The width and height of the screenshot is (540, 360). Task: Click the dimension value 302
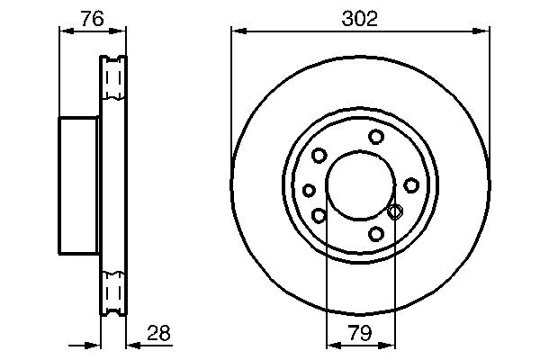click(361, 17)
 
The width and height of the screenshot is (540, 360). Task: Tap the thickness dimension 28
click(157, 334)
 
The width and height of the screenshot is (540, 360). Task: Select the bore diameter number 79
click(361, 334)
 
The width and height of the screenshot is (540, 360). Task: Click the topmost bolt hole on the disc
click(376, 137)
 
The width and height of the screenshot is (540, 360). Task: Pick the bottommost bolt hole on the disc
click(376, 234)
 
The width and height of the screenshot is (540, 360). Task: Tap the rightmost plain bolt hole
click(411, 184)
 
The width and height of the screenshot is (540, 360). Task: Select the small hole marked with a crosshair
click(394, 211)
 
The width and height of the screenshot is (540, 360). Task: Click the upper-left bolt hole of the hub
click(319, 156)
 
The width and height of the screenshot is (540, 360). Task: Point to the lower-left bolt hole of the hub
click(319, 215)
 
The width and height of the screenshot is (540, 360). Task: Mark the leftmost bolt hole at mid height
click(310, 190)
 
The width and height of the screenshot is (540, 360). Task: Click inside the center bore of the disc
click(359, 184)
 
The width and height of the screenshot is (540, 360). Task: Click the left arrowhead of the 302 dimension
click(237, 31)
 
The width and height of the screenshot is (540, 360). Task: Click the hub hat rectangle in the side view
click(79, 184)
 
